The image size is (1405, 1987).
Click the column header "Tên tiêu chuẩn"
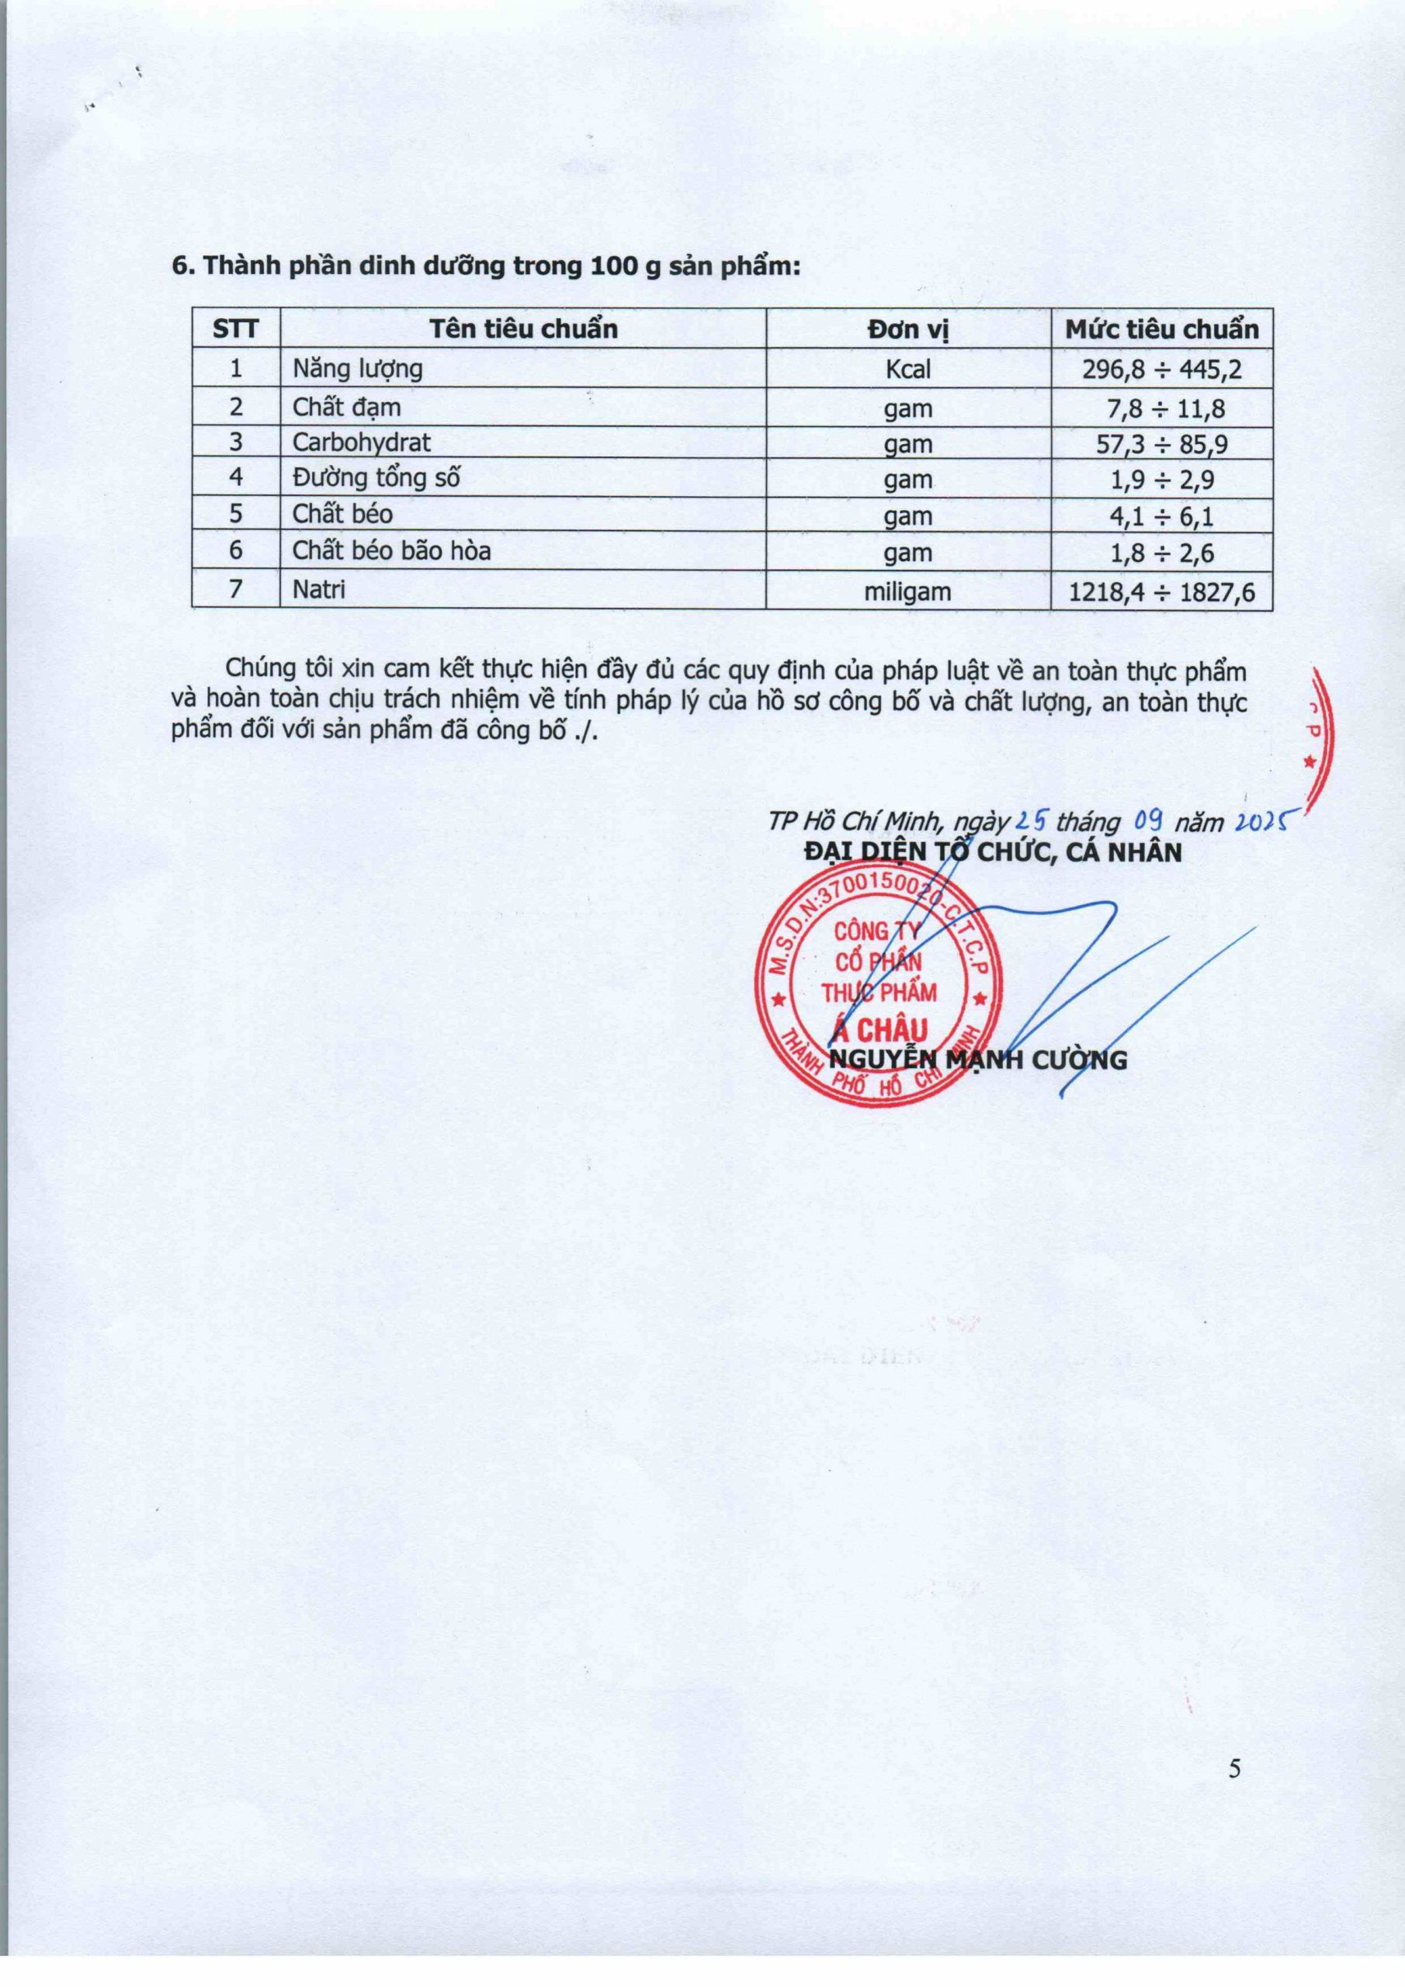click(524, 330)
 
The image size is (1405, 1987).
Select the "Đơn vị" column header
click(908, 330)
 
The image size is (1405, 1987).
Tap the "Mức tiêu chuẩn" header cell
click(1162, 330)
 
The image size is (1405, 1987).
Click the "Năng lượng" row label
click(358, 369)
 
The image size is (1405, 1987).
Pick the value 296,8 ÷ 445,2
click(1162, 370)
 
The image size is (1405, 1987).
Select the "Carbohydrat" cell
click(361, 443)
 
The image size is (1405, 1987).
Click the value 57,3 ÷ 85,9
click(1162, 445)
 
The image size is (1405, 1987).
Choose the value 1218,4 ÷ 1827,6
click(1162, 593)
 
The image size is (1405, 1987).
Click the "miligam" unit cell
click(908, 593)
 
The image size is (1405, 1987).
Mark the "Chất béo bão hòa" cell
click(391, 551)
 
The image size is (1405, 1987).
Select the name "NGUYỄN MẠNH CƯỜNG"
click(978, 1059)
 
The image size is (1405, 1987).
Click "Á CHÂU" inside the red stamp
click(879, 1029)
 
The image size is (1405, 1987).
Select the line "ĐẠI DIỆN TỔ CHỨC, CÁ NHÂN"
click(992, 852)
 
